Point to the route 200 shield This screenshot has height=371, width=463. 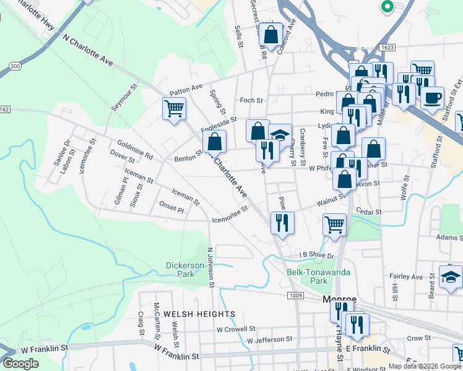coord(15,65)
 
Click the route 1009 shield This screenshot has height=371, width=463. coord(295,296)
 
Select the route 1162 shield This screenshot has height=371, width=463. coord(4,109)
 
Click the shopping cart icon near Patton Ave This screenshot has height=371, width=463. coord(175,109)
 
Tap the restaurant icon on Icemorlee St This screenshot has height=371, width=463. coord(282,222)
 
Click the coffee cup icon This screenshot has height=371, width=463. coord(432,97)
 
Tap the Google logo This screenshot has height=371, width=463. coord(21,364)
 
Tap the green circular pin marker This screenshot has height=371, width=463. coord(387,7)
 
